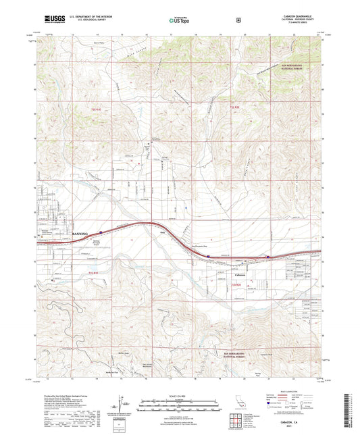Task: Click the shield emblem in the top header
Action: coord(238,20)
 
